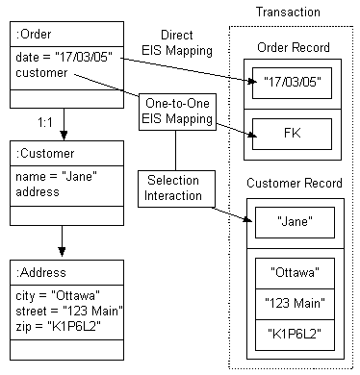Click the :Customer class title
tap(43, 153)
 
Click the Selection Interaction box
tap(174, 187)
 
